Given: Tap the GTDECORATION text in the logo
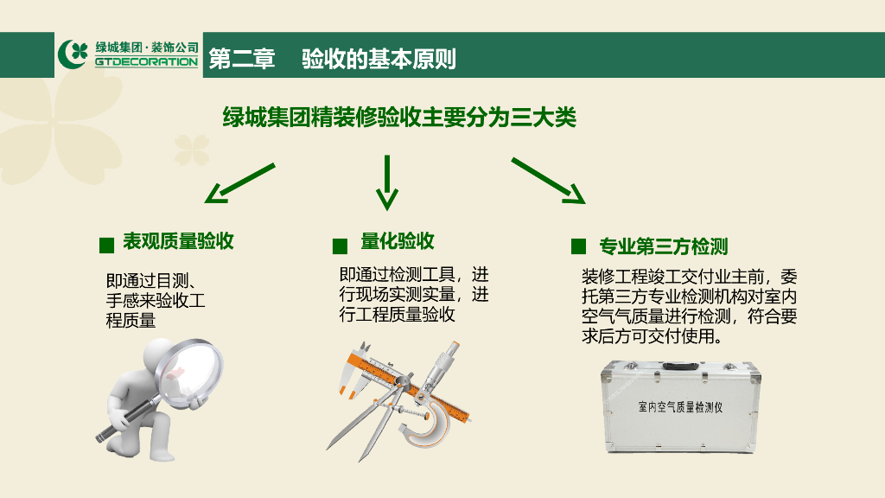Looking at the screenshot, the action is point(146,61).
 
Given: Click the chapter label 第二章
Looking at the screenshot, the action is point(242,59).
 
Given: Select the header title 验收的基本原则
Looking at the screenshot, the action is point(379,59).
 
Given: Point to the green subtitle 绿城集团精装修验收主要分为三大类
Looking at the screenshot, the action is point(399,118).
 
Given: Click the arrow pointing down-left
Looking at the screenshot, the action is point(240,183).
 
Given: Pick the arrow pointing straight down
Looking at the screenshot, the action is point(387,182).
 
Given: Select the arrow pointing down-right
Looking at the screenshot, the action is point(549,181).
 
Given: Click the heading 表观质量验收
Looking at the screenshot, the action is point(178,241).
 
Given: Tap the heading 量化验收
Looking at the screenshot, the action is point(398,241).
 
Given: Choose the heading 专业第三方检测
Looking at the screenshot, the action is point(663,246).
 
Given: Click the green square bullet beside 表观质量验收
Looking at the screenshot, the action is point(106,245).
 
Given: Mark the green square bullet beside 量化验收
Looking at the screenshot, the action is point(340,246).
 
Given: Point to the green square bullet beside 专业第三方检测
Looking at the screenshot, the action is point(578,246).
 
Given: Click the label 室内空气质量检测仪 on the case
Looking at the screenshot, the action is point(680,407).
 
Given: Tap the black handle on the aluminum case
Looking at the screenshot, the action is point(680,367).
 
